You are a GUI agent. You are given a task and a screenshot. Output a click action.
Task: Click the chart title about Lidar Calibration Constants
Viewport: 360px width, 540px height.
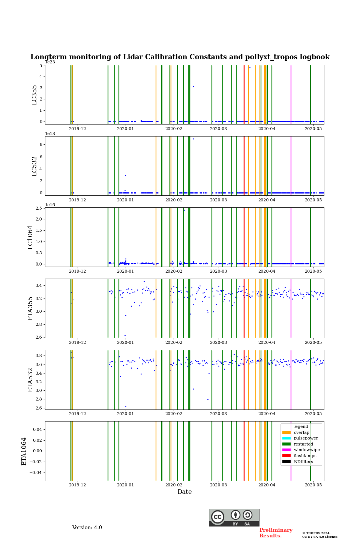click(x=180, y=57)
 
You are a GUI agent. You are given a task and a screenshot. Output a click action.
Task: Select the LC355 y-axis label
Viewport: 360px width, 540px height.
click(x=34, y=95)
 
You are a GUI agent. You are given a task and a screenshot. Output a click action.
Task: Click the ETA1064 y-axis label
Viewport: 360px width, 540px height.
click(x=24, y=451)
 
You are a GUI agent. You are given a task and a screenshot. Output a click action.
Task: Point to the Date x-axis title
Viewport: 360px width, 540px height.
click(x=184, y=492)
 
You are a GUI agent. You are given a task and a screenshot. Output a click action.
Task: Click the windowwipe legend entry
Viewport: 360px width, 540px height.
click(x=307, y=450)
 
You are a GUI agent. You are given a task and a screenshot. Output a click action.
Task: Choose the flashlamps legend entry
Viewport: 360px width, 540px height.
click(x=305, y=456)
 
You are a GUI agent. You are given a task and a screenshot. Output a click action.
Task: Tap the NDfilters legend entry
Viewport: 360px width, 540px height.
click(x=303, y=462)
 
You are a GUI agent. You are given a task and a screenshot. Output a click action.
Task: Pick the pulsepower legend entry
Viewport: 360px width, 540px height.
click(x=306, y=438)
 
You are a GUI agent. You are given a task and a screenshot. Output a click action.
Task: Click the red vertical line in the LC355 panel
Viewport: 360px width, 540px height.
click(x=244, y=94)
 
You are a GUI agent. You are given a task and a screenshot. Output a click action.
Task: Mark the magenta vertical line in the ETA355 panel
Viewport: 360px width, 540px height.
click(x=291, y=308)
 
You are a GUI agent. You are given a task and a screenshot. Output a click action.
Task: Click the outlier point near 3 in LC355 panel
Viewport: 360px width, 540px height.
click(x=193, y=86)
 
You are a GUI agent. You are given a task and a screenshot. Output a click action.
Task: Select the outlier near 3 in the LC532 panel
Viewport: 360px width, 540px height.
click(x=125, y=175)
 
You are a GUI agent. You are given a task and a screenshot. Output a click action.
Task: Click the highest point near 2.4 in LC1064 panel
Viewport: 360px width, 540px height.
click(x=184, y=210)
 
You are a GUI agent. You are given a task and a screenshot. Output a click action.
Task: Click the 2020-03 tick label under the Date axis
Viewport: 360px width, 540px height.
click(x=218, y=485)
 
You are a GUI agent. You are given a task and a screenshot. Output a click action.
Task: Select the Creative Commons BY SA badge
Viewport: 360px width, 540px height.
click(x=234, y=517)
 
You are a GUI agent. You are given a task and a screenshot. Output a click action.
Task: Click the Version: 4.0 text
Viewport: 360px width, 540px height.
click(x=87, y=528)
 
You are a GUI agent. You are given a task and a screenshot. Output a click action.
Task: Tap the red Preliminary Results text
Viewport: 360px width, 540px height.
click(x=276, y=533)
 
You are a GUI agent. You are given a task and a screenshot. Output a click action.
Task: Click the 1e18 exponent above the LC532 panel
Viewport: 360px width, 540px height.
click(x=50, y=133)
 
